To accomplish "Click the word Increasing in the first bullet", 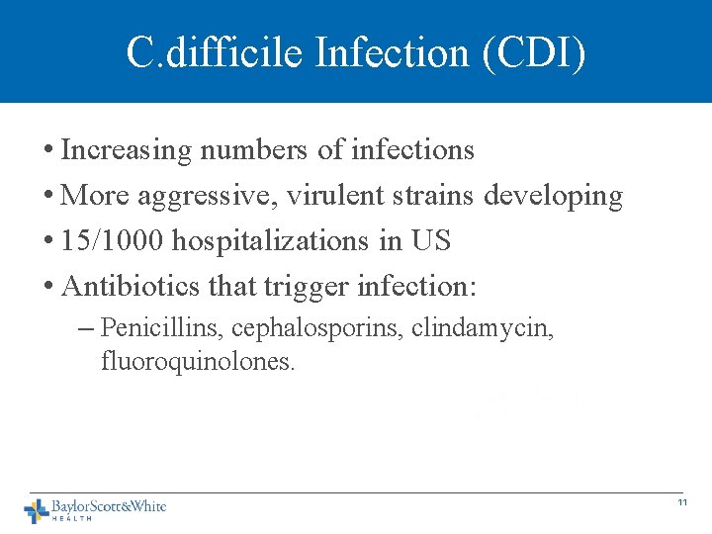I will tap(126, 150).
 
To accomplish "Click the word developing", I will tap(554, 197).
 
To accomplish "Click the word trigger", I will tap(307, 288).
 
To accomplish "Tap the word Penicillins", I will tap(156, 327).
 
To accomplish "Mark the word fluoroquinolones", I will tap(198, 362).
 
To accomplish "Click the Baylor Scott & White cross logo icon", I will tap(36, 510).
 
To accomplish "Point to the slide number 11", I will tap(682, 503).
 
